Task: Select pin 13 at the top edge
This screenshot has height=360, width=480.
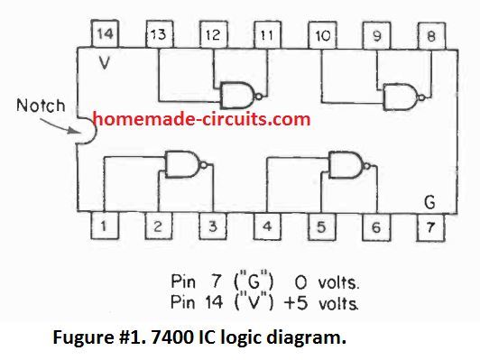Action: [158, 34]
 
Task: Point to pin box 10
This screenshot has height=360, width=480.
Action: [320, 34]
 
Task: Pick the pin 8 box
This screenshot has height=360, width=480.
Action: [429, 34]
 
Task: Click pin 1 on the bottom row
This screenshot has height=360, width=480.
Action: [106, 226]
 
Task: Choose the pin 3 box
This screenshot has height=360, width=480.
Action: [213, 226]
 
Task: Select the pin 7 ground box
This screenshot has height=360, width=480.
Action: [430, 226]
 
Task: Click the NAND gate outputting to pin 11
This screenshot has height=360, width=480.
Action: [236, 93]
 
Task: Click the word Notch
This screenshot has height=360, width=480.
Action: [41, 106]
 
